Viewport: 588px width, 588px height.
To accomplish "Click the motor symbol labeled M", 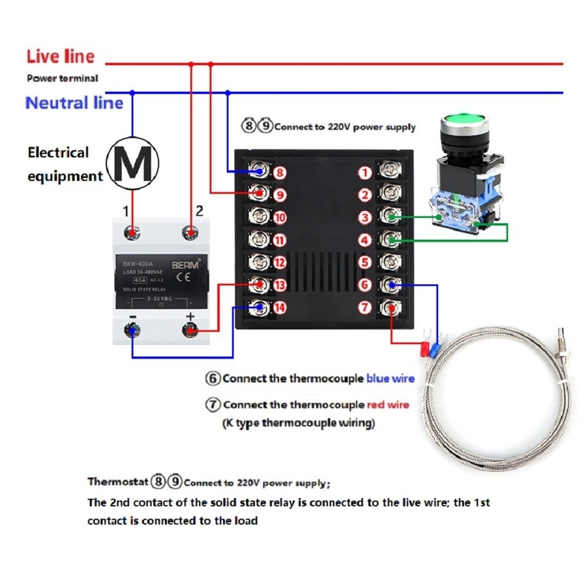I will pos(132,163).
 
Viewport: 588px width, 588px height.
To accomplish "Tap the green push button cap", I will pos(465,127).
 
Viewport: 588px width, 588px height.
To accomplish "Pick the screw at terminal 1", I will pos(389,172).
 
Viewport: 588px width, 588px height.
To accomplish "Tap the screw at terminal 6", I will pos(389,285).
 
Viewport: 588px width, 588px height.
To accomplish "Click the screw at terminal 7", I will pos(389,306).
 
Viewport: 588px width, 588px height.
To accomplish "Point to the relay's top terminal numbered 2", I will pos(190,232).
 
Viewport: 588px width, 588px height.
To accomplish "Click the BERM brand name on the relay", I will pos(185,265).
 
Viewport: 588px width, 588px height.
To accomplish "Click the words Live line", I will pos(60,56).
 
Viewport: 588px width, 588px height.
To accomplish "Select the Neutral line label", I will pos(74,103).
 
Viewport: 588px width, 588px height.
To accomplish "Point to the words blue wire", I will pos(390,379).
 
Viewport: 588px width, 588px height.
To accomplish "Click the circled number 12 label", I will pos(279,263).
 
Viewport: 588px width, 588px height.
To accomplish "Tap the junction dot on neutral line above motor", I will pos(132,92).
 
